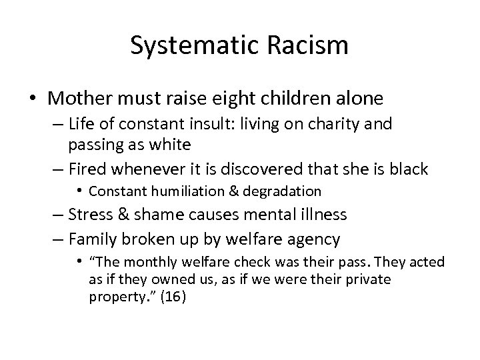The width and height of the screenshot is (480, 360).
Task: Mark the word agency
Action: coord(315,238)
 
